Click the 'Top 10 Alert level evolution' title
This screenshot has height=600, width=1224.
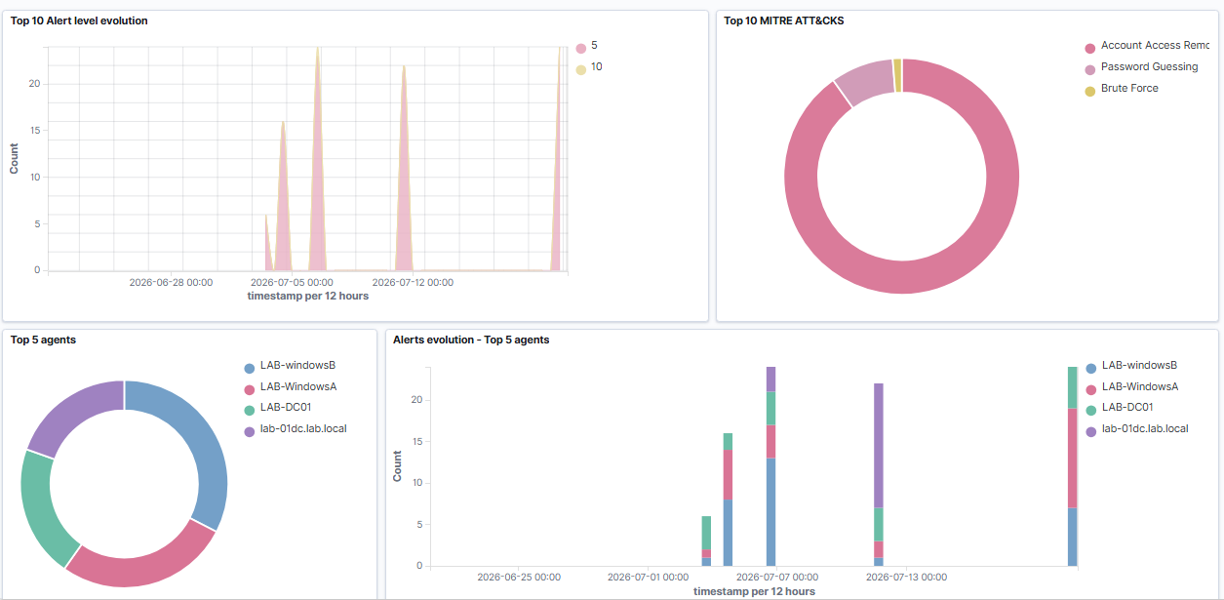pyautogui.click(x=79, y=20)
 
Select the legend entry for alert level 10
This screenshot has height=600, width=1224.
pyautogui.click(x=589, y=67)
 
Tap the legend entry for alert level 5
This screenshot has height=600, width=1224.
pyautogui.click(x=587, y=46)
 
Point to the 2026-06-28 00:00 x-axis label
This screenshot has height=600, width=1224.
pyautogui.click(x=171, y=283)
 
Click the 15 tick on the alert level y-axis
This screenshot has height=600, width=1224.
pyautogui.click(x=35, y=130)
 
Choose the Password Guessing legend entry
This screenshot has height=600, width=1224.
pyautogui.click(x=1141, y=67)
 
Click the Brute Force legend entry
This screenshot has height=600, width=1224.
pyautogui.click(x=1122, y=89)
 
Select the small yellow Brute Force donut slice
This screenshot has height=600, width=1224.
pyautogui.click(x=897, y=75)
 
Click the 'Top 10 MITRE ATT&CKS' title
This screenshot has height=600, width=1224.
pyautogui.click(x=783, y=20)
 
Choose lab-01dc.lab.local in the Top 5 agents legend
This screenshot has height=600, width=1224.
pyautogui.click(x=296, y=429)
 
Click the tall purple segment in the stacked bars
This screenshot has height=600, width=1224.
pyautogui.click(x=879, y=446)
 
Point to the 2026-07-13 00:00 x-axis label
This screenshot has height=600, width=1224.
pyautogui.click(x=906, y=577)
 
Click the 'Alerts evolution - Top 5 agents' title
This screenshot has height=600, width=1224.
pyautogui.click(x=471, y=340)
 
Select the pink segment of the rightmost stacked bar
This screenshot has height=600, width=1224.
pyautogui.click(x=1073, y=459)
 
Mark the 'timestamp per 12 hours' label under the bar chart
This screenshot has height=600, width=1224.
pyautogui.click(x=754, y=591)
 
